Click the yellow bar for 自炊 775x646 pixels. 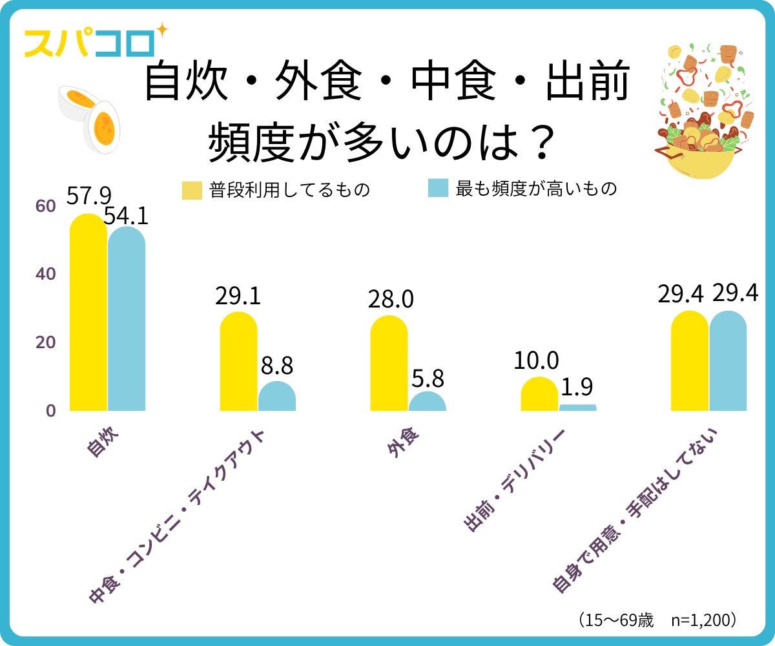click(x=88, y=313)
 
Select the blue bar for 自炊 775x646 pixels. click(x=127, y=320)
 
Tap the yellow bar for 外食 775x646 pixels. click(x=389, y=364)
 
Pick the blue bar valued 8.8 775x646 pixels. click(x=277, y=397)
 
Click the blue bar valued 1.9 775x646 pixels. click(x=578, y=408)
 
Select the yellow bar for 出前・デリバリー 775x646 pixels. click(x=539, y=394)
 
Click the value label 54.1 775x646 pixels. click(x=127, y=216)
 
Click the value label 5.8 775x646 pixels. click(x=428, y=377)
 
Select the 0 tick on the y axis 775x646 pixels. click(x=50, y=411)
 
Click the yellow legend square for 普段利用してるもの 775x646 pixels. click(x=192, y=190)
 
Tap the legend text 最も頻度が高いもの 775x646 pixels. click(x=536, y=189)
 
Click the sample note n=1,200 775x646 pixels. click(x=703, y=620)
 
